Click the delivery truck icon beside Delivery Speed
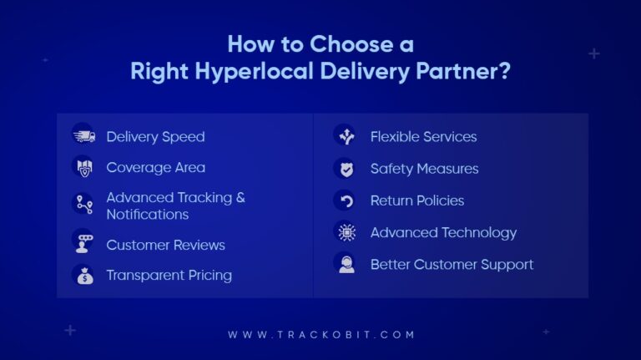(83, 136)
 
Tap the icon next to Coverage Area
(83, 167)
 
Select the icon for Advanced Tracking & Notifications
(83, 205)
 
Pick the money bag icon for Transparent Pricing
(83, 275)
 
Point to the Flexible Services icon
(345, 136)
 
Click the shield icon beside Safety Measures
(345, 168)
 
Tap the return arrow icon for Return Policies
(345, 200)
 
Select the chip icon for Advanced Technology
(345, 232)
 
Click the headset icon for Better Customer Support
(345, 264)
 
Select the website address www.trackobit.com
(321, 334)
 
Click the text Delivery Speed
(155, 136)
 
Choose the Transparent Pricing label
(169, 275)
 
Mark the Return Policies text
(416, 200)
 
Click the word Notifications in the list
(147, 214)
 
